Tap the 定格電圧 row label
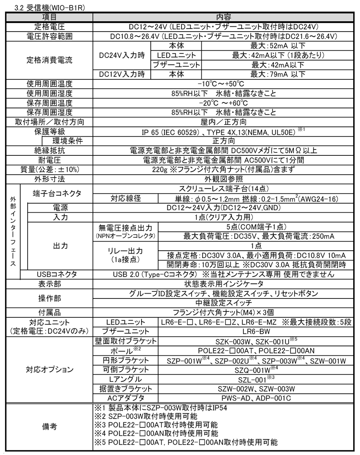point(49,27)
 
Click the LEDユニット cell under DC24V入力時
point(176,55)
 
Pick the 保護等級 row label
point(49,131)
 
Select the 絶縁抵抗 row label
point(49,150)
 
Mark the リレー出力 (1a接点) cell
point(125,255)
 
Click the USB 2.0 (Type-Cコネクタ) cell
point(226,274)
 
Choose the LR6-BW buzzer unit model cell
point(256,331)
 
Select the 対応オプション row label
point(49,370)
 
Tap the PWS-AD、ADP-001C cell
point(256,398)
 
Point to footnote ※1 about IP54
point(161,408)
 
